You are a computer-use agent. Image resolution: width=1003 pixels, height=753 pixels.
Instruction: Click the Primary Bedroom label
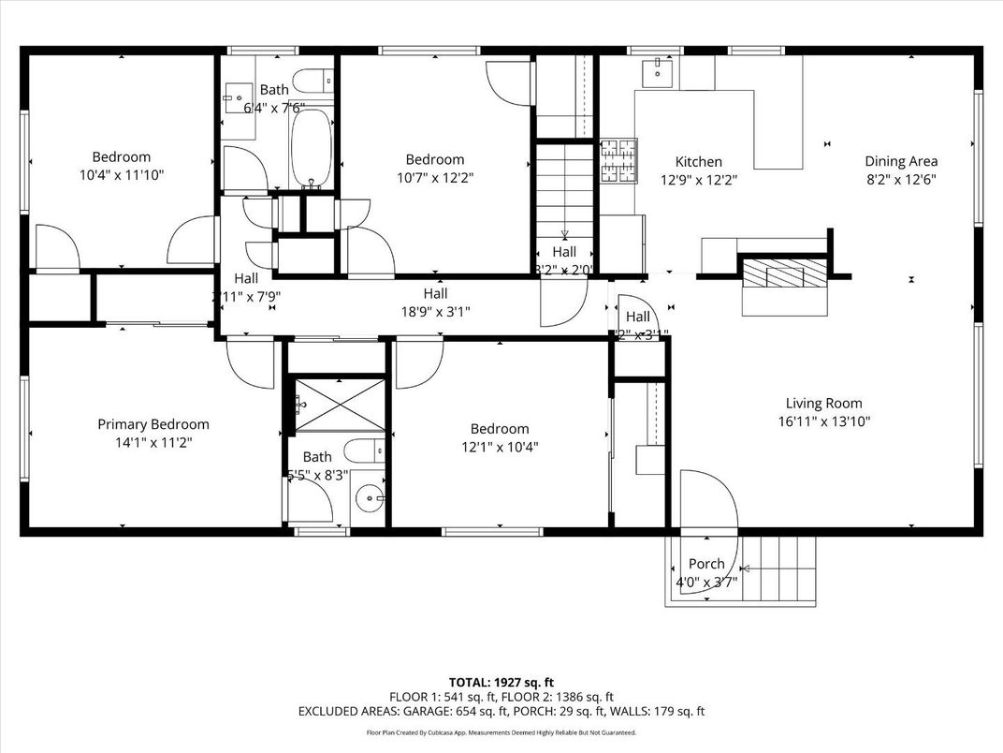(153, 424)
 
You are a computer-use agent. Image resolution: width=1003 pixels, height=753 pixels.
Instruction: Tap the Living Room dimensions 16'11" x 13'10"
(823, 421)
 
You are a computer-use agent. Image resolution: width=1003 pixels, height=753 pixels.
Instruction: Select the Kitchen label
(691, 162)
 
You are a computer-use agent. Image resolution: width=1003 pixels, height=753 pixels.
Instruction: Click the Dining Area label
(900, 161)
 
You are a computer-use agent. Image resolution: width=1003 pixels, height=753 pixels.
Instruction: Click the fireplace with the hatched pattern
(784, 274)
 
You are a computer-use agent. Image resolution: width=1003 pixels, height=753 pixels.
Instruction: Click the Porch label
(706, 564)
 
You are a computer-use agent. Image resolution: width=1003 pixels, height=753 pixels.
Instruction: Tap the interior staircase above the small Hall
(564, 197)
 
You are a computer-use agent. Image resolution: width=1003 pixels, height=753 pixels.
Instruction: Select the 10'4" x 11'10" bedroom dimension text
(121, 174)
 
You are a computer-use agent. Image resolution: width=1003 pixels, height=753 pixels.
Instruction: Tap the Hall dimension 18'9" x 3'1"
(434, 310)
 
